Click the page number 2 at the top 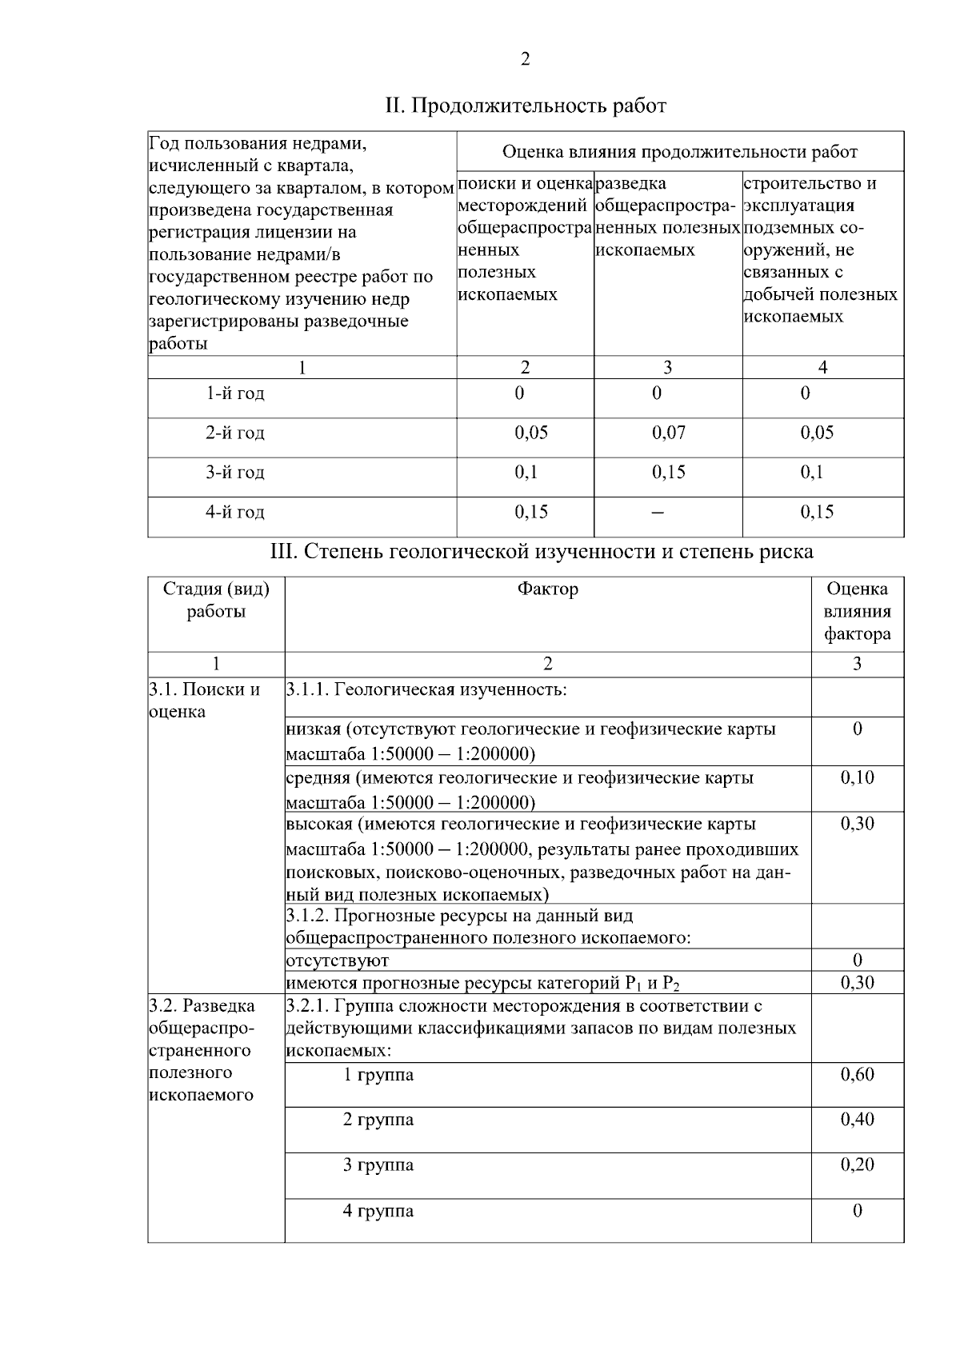coord(525,59)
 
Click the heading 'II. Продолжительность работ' coord(526,106)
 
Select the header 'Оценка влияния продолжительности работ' coord(679,152)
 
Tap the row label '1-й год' coord(234,393)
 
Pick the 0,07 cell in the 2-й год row coord(668,433)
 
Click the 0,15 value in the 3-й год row coord(668,472)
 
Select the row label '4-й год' coord(234,512)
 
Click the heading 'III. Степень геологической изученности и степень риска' coord(542,552)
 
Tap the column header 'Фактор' coord(547,589)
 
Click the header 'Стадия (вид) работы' coord(216,601)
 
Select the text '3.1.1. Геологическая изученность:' coord(426,689)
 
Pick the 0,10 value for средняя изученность coord(857,777)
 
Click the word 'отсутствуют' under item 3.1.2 coord(338,961)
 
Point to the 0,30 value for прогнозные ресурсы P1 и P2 coord(857,983)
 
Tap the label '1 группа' coord(378,1075)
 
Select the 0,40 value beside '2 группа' coord(857,1120)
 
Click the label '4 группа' coord(378,1211)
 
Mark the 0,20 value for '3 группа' coord(857,1165)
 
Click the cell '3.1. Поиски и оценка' coord(205,701)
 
